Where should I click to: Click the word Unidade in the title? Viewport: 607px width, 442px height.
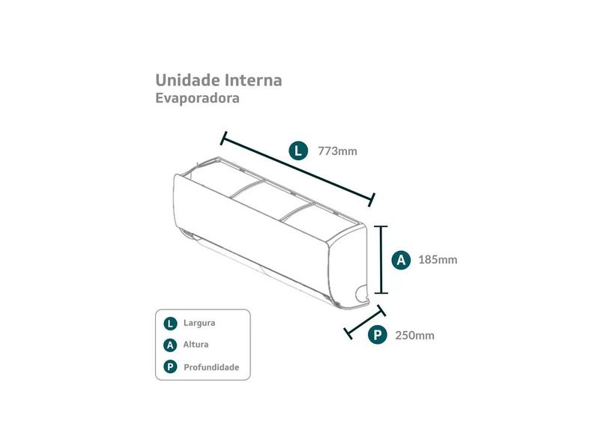pos(188,80)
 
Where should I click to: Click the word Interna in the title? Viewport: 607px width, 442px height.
pos(253,80)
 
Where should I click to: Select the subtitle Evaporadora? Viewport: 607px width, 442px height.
pos(197,98)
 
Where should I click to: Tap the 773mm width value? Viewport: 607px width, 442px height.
pos(337,151)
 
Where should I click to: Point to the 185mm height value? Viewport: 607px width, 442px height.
pos(438,259)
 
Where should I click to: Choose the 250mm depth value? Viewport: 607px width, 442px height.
pos(414,335)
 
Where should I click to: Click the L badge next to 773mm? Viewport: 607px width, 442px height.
pos(298,151)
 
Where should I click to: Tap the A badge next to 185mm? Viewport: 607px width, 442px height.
pos(401,260)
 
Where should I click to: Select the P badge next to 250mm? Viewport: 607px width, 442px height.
pos(378,334)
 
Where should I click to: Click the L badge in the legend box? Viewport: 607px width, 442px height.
pos(170,324)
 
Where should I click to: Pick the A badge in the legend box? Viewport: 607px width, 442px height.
pos(170,345)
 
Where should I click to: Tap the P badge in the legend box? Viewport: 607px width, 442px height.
pos(170,366)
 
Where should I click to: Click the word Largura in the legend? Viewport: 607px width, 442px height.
pos(199,323)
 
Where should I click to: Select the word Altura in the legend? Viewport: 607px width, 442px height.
pos(196,344)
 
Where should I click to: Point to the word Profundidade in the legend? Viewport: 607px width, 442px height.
pos(211,367)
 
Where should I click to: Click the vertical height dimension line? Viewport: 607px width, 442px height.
pos(381,260)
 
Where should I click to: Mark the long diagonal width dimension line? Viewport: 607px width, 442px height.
pos(298,169)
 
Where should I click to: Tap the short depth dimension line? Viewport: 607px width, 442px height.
pos(365,322)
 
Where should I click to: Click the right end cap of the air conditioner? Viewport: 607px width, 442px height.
pos(348,266)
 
